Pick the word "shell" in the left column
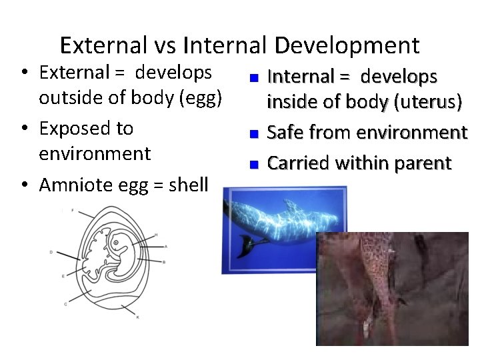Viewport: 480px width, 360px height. click(189, 184)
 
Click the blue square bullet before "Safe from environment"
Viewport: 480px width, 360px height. click(253, 134)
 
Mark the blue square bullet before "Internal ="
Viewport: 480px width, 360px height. click(253, 78)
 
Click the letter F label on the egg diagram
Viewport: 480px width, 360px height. click(72, 211)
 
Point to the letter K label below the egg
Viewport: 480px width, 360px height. click(137, 317)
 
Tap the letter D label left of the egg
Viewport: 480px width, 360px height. click(51, 252)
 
